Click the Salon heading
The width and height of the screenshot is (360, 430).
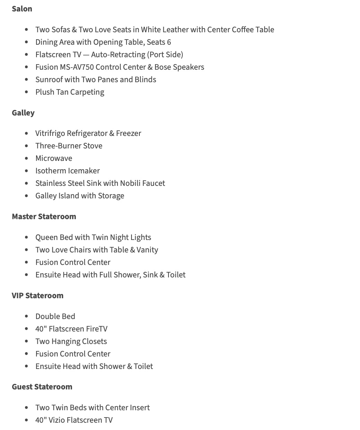pos(22,9)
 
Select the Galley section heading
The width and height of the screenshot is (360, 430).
pos(23,113)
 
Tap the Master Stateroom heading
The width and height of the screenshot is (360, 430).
pos(44,217)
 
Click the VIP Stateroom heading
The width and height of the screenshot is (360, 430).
pos(37,296)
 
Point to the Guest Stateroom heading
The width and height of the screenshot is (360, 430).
pos(42,387)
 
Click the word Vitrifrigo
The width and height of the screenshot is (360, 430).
pos(50,134)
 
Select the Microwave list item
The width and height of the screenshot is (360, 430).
pos(54,158)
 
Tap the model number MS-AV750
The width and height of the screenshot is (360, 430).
pos(77,67)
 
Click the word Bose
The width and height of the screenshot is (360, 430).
pos(162,67)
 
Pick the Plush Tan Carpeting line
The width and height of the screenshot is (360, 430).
pos(70,92)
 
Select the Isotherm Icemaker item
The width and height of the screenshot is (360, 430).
pos(67,171)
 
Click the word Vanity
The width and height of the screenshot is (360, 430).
pos(147,250)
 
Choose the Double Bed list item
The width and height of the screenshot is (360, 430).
pos(55,317)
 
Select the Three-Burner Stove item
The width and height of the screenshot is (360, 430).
pos(69,146)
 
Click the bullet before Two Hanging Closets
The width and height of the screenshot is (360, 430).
pos(27,342)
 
